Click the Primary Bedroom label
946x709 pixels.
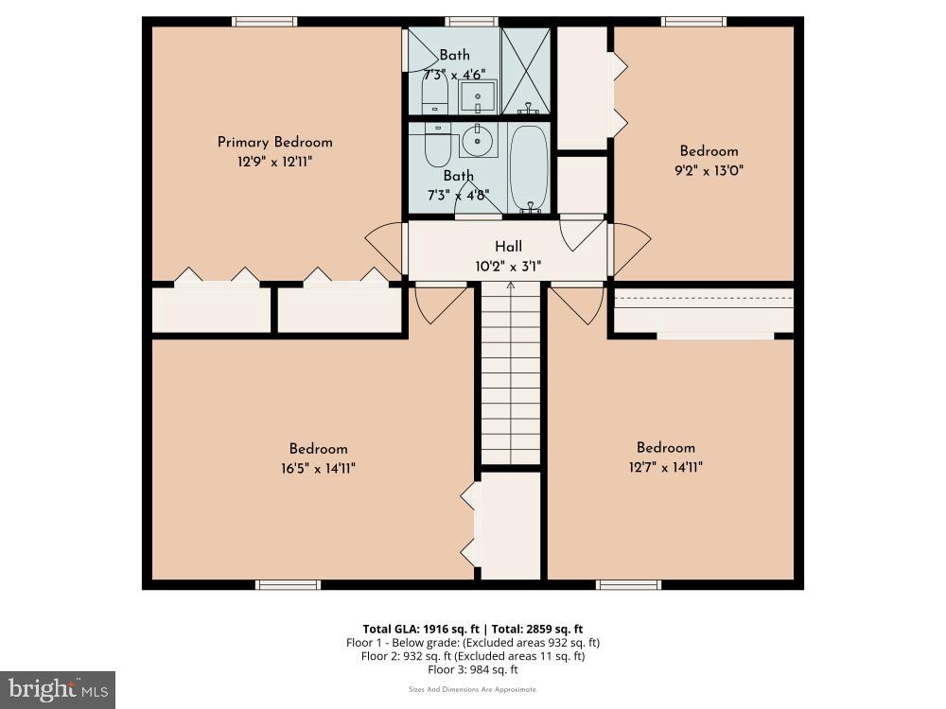pos(274,142)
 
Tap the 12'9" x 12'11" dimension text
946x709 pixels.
pos(274,162)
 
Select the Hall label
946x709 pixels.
pos(508,247)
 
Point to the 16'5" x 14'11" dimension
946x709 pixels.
pos(318,468)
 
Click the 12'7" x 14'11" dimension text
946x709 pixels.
pos(665,467)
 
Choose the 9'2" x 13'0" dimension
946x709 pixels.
pos(709,171)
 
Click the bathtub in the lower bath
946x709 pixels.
pos(528,168)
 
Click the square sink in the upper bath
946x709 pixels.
pos(478,95)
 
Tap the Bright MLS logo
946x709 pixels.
pos(58,688)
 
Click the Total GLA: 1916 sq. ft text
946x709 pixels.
pos(417,629)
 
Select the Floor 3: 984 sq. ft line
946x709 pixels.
pos(473,669)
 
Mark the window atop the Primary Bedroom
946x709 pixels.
pos(265,22)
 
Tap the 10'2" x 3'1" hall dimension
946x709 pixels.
pos(508,267)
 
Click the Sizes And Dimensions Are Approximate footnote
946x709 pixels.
pos(473,689)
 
